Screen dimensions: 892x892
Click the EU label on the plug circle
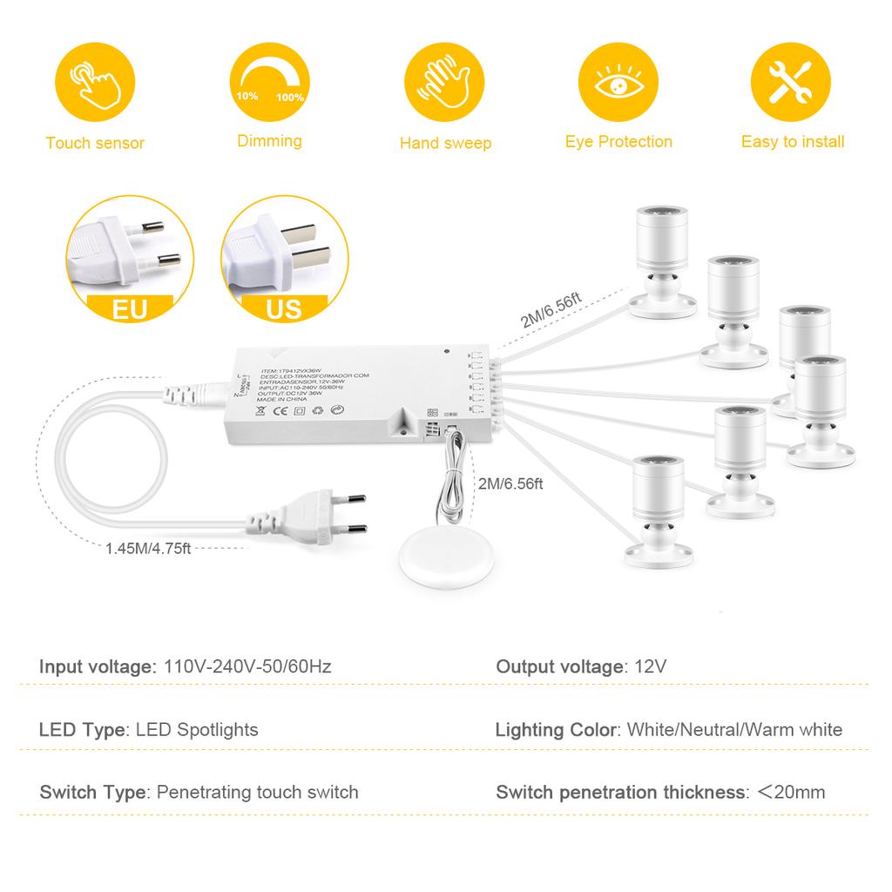click(129, 308)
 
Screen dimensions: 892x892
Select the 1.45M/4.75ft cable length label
click(148, 549)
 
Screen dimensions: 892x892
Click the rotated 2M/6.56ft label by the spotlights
click(550, 309)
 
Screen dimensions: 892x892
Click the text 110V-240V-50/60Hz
click(247, 667)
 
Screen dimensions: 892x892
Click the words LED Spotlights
click(197, 729)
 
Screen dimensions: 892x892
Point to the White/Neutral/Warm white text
click(734, 729)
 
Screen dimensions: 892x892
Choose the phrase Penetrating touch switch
click(257, 792)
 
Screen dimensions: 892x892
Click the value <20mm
click(790, 792)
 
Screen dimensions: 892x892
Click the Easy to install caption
click(792, 141)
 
